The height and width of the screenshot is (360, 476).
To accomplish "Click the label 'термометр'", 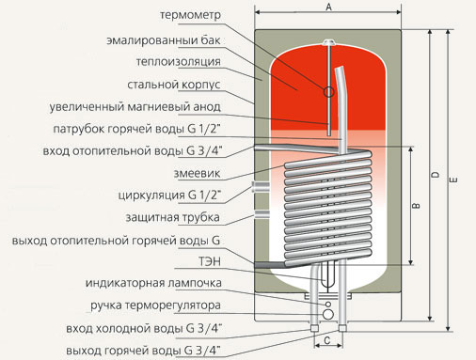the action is point(190,15).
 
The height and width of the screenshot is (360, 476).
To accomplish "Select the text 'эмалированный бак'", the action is point(164,40).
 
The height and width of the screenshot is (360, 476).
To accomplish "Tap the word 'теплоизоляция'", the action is point(179,62).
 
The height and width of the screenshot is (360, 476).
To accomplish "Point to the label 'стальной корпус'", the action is point(174,85).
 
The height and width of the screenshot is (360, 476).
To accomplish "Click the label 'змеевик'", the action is point(197,173).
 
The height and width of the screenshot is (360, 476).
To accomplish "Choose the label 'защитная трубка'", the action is point(172,217).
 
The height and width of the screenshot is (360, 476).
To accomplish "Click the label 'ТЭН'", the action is point(210,261).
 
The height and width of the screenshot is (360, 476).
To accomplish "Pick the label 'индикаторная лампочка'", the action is point(153,283).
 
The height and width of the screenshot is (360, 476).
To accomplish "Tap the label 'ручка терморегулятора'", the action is point(155,305).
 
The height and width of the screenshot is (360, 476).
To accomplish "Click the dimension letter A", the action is point(328,7).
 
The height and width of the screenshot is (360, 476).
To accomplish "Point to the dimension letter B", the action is point(417,206).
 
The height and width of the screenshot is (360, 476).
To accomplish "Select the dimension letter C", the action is point(327,340).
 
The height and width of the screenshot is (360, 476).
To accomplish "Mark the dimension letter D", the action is point(436,175).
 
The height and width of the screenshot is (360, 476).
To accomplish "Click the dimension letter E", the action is point(454,180).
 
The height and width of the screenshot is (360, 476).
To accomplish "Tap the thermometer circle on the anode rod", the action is point(328,92).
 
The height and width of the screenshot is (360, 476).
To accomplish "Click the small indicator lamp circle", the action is point(328,305).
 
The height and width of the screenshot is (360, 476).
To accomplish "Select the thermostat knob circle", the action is point(328,315).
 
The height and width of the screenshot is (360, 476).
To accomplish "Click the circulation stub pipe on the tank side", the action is point(261,187).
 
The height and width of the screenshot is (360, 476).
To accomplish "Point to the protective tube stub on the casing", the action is point(262,213).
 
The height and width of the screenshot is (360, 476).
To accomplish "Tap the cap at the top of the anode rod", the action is point(329,41).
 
